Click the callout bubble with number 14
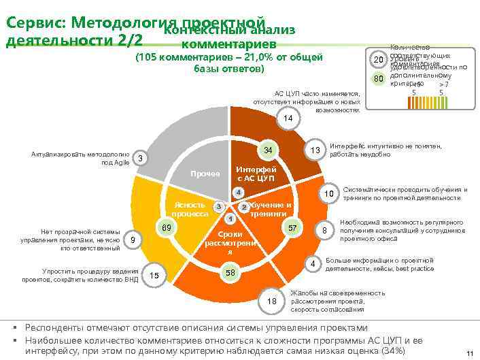click(288, 118)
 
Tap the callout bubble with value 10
click(328, 195)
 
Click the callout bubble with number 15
click(154, 275)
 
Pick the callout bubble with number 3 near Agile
click(139, 159)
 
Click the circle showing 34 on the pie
click(268, 150)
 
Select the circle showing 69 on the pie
click(165, 227)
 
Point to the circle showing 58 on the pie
click(230, 273)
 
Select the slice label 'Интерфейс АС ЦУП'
click(255, 174)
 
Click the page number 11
click(468, 353)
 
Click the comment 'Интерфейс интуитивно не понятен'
click(385, 150)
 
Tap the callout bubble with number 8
click(326, 231)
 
